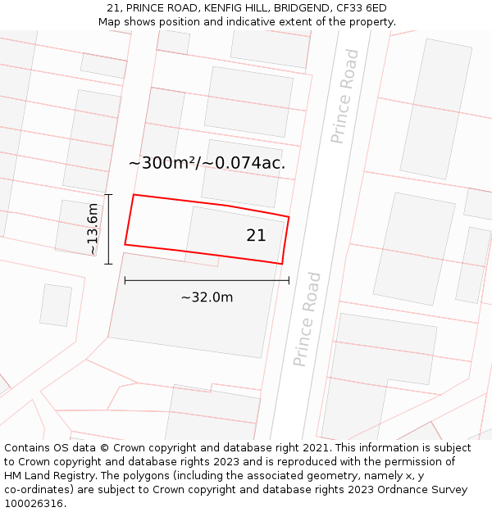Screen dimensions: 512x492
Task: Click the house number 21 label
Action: [256, 235]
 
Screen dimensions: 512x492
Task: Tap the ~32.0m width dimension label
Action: [207, 297]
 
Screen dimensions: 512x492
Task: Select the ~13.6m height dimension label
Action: [93, 229]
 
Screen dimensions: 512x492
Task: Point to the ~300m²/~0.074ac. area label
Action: [207, 163]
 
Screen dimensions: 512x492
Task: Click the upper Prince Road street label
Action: [345, 97]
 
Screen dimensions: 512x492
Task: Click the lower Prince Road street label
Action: [307, 319]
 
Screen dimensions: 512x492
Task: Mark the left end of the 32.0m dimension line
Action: [125, 281]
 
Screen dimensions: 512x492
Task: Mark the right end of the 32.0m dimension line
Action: [289, 281]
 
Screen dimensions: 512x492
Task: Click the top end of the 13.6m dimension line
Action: [108, 195]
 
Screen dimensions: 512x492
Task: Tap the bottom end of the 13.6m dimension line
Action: [108, 264]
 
